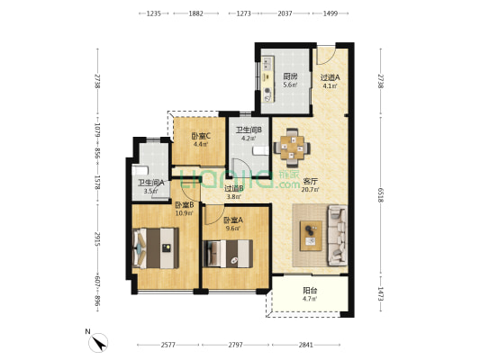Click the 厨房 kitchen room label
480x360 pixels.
290,76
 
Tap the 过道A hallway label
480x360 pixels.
330,77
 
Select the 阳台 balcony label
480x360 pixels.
310,291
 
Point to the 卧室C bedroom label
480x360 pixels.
201,136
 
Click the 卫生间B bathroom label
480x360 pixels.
249,130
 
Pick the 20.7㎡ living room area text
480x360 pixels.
310,190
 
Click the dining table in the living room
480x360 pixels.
292,148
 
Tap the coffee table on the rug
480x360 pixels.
311,236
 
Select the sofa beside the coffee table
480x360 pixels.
338,235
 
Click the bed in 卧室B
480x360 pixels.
156,248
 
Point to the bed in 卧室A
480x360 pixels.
228,254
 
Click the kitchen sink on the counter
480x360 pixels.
268,64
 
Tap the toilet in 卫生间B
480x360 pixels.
261,151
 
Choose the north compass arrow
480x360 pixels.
100,344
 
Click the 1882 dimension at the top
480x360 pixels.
196,13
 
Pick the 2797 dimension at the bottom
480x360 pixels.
235,345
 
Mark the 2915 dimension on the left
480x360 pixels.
97,239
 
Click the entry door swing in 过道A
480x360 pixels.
325,56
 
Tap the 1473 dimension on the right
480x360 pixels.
381,293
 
